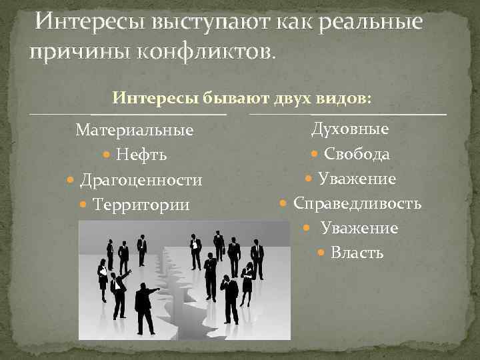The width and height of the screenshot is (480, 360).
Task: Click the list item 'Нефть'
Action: pos(141,155)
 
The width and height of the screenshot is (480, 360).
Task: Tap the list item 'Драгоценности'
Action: pos(141,180)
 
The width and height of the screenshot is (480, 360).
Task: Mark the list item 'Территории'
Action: pos(141,205)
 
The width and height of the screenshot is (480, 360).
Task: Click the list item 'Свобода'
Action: pos(357,154)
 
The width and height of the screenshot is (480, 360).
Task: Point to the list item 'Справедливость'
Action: pos(357,203)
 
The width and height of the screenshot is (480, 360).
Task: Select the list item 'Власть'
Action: pos(357,253)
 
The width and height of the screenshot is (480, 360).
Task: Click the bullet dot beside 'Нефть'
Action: pos(108,155)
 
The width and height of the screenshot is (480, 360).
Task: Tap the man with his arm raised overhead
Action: pos(118,293)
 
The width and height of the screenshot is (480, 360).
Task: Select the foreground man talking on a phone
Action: pos(230,297)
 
